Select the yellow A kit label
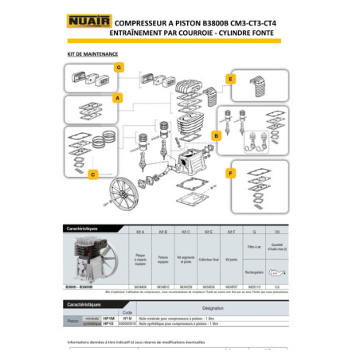(x=118, y=98)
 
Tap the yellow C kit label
(x=93, y=174)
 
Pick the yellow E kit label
(x=230, y=80)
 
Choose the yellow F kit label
(x=230, y=173)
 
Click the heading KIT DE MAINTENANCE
(x=92, y=56)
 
